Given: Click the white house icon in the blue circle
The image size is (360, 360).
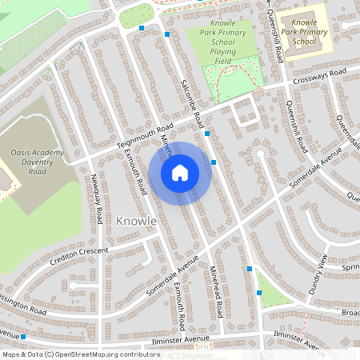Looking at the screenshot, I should click(180, 172).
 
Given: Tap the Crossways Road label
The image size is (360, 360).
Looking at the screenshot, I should click(319, 77).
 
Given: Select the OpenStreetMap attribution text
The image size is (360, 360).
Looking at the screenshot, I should click(70, 354).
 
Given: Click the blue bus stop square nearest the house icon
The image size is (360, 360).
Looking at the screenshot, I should click(214, 162).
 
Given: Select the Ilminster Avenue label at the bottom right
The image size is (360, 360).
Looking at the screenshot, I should click(302, 339).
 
